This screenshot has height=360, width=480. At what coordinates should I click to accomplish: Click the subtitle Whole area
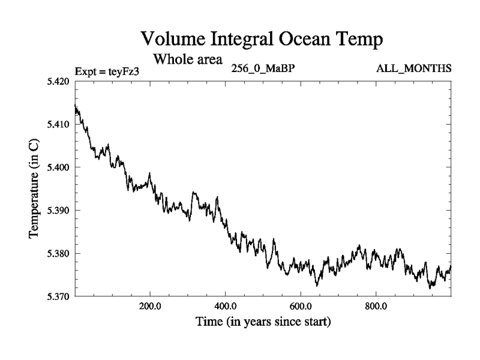pyautogui.click(x=188, y=59)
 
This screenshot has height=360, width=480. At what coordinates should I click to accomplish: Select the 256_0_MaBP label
pyautogui.click(x=262, y=68)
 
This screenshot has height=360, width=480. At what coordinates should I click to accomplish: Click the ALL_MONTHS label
pyautogui.click(x=413, y=68)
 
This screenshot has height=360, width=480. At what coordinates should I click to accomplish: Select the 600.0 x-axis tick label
pyautogui.click(x=301, y=307)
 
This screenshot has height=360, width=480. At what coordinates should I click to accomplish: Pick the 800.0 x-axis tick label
pyautogui.click(x=376, y=307)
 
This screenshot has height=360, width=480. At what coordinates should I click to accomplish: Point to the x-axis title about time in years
pyautogui.click(x=262, y=323)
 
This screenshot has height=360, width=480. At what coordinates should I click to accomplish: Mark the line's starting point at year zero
pyautogui.click(x=75, y=106)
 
